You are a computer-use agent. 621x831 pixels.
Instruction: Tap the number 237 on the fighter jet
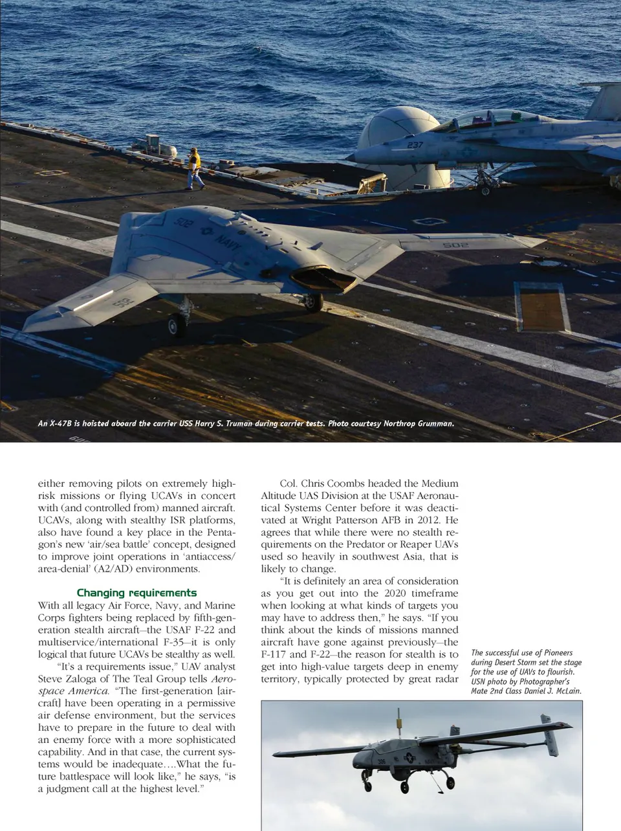(x=415, y=145)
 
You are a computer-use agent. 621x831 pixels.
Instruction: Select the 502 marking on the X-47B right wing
(x=455, y=245)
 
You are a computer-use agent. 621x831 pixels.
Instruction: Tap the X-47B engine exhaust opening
(x=323, y=280)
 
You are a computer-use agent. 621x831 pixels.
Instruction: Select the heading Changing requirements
(x=136, y=593)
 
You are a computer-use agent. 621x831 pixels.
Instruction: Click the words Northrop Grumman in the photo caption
(x=419, y=424)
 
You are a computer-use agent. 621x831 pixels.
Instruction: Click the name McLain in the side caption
(x=565, y=691)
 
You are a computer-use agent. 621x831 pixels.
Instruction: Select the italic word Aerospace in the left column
(x=223, y=679)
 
